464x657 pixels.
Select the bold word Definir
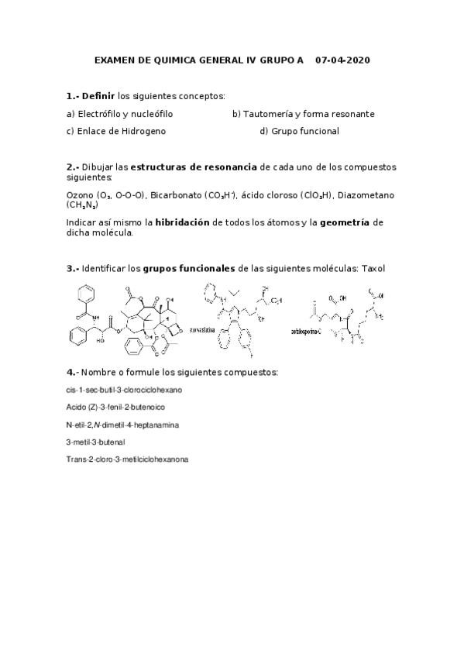98,96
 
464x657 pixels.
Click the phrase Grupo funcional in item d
305,131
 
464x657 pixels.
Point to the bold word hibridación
184,222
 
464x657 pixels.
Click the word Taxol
372,269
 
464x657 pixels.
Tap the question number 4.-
72,373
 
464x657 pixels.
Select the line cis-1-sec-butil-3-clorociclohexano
125,390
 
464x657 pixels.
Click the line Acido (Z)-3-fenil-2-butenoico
115,407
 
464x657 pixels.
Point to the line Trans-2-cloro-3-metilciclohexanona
127,459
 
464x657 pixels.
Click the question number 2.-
72,167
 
